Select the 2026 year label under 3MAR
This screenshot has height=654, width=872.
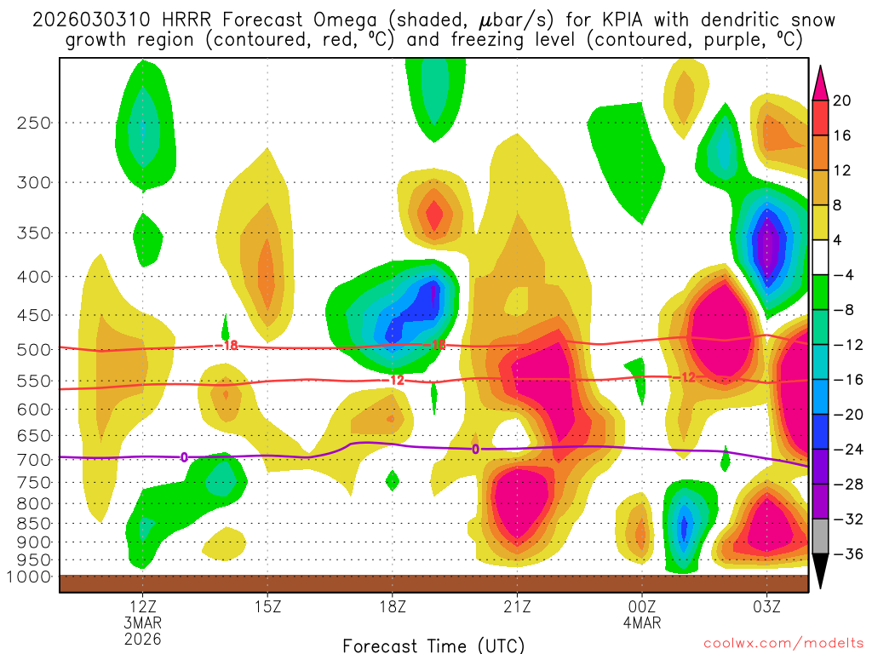pos(142,638)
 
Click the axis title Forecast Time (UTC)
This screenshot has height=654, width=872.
pos(433,645)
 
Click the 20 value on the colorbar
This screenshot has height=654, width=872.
pos(842,100)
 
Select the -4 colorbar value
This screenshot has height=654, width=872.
pos(842,275)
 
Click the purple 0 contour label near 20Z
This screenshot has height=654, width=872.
pos(475,449)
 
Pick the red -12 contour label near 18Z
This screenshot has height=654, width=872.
pos(396,380)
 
